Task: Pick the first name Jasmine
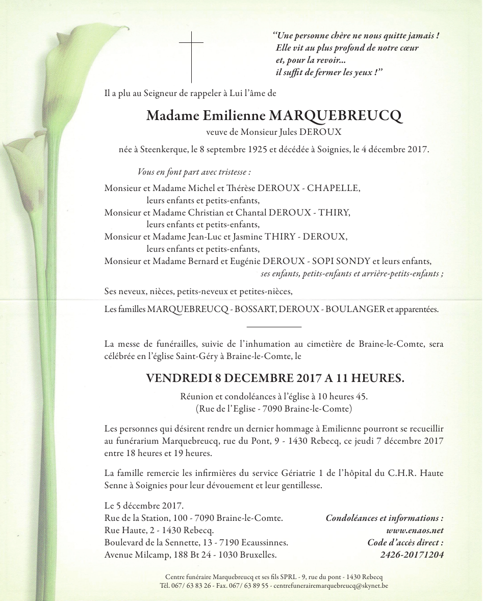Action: pyautogui.click(x=247, y=237)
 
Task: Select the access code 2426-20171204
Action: pyautogui.click(x=412, y=555)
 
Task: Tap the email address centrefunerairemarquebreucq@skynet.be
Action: pyautogui.click(x=331, y=586)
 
